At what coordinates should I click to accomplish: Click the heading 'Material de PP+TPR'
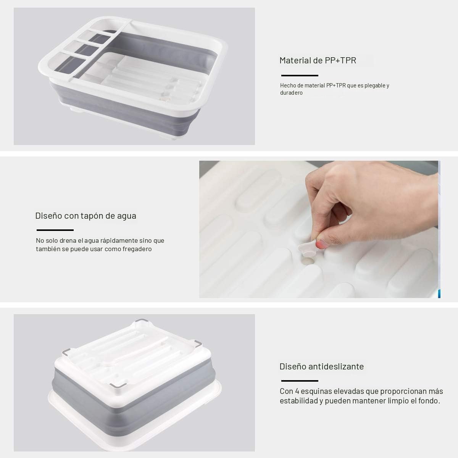318,60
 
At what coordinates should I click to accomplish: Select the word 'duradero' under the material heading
291,93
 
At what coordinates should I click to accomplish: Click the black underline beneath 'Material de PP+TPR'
300,76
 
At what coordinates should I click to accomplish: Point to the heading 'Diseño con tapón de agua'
86,216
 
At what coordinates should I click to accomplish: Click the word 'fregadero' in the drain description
137,249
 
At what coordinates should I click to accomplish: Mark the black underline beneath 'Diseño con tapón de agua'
55,230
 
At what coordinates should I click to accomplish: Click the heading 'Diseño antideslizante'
322,366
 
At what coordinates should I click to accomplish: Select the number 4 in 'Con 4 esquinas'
297,391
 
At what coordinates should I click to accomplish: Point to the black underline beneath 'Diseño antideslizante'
300,381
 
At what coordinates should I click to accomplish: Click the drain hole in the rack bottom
308,261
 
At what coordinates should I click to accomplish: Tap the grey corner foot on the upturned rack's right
198,343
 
